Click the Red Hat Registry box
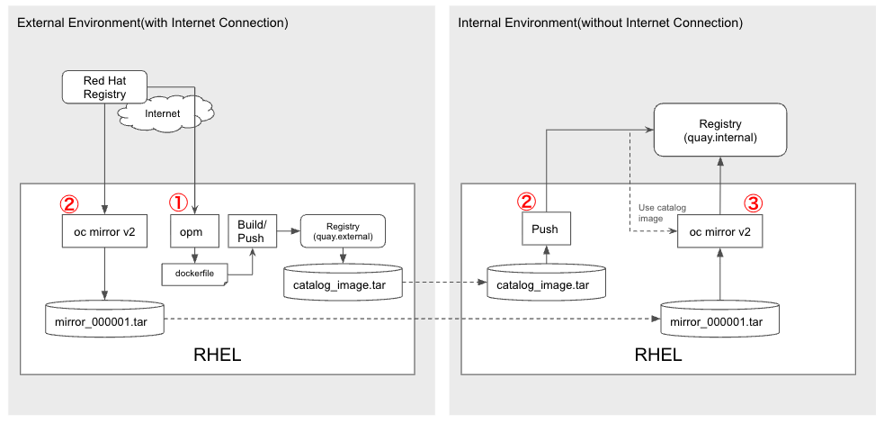coord(104,87)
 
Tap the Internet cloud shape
coord(165,114)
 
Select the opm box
coord(195,230)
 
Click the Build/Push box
coord(251,230)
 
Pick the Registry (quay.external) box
coord(343,230)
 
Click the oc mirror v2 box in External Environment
coord(104,230)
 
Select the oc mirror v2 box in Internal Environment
coord(720,230)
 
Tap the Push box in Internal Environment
coord(546,229)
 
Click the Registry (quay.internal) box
coord(720,130)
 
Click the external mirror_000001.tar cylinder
coord(104,319)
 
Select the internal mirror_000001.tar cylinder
coord(720,319)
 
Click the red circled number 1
coord(178,202)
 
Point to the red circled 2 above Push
coord(527,201)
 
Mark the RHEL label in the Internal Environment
coord(658,355)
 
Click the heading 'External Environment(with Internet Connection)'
coord(153,23)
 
